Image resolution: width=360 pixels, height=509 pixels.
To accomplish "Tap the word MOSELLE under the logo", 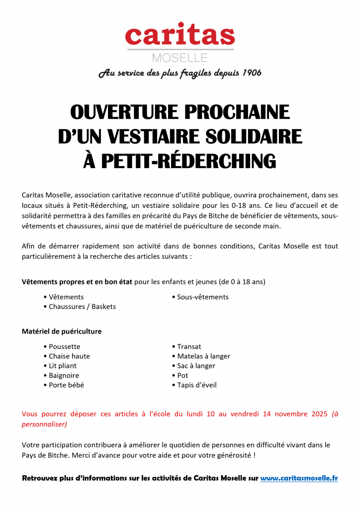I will coord(180,57).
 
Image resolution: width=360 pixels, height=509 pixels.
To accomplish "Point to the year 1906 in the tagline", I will coord(251,73).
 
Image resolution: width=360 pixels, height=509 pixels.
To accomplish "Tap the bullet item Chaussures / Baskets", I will coord(82,307).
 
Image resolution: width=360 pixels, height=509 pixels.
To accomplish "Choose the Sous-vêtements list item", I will coord(203,297).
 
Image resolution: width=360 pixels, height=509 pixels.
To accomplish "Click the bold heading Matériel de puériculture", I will coord(62,331).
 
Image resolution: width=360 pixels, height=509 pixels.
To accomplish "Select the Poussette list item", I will coord(64,346).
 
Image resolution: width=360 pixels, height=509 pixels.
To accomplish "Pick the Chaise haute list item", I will coord(69,356).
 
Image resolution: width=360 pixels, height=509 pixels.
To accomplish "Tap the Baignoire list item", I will coord(64,375).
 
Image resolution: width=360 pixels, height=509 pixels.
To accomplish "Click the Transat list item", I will coord(189,346).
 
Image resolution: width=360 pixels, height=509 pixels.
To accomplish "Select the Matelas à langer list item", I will coord(203,356).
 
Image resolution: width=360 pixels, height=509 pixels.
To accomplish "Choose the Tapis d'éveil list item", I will coord(197,385).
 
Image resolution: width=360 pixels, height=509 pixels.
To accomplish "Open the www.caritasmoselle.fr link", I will coord(299,478).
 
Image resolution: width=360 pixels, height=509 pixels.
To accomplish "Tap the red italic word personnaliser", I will coord(44,424).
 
